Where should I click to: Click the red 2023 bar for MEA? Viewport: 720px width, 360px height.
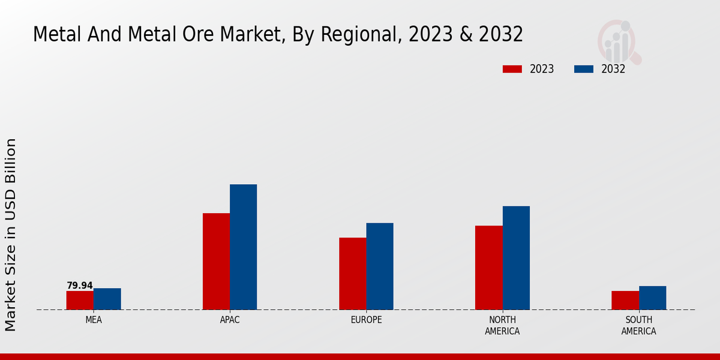80,300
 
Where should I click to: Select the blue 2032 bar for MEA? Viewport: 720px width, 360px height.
107,299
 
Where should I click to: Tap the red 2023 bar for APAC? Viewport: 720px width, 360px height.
216,261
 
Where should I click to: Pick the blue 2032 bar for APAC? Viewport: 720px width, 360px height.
243,247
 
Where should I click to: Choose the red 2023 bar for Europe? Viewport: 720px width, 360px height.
352,274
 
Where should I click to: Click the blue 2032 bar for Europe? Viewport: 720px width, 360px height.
380,266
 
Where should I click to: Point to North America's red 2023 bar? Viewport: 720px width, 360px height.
488,268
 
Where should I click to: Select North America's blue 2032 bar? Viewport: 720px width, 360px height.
516,257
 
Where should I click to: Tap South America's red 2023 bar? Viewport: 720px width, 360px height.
625,300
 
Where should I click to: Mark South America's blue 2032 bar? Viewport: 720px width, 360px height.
652,298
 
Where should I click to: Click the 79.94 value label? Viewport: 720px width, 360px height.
80,286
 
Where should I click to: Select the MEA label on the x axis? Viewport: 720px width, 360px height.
94,320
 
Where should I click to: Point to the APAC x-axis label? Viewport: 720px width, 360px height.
230,320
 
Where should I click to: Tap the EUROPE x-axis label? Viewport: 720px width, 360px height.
366,320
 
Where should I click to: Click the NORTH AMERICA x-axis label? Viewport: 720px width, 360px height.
502,325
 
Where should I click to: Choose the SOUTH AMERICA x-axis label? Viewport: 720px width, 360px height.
638,325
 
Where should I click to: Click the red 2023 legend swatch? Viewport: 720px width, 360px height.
512,69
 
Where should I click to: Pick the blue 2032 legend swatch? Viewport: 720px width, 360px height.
583,69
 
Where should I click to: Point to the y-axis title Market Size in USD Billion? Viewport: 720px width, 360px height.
11,235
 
